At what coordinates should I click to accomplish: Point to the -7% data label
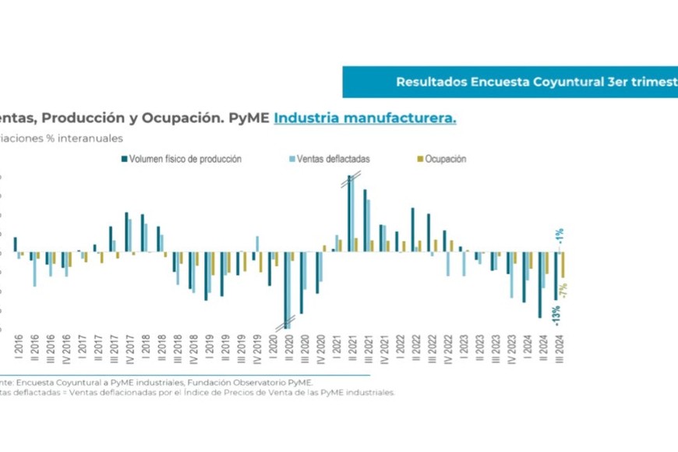pos(563,290)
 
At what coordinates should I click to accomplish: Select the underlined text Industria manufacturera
pos(365,118)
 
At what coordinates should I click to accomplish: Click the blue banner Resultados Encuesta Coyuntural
pos(510,82)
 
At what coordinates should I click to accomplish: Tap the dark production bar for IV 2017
pos(126,231)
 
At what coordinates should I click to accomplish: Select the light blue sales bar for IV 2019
pos(257,243)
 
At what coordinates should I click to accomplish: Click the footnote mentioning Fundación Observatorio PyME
pos(156,383)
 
